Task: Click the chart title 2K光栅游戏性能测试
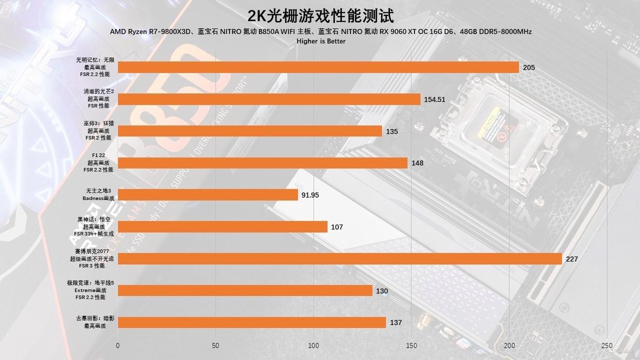click(x=321, y=15)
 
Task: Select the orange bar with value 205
click(x=318, y=67)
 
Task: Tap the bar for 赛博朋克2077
click(x=340, y=259)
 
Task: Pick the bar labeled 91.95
click(x=208, y=195)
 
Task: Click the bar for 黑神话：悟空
click(x=223, y=227)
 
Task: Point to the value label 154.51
click(x=434, y=99)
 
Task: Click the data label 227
click(x=571, y=259)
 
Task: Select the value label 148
click(x=417, y=163)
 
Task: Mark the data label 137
click(x=396, y=323)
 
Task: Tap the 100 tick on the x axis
click(x=314, y=345)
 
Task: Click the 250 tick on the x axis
click(x=607, y=345)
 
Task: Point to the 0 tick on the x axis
click(x=118, y=345)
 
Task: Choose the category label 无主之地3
click(x=98, y=191)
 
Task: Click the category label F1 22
click(x=98, y=155)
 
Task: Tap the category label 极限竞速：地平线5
click(x=90, y=283)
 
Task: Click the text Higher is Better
click(x=321, y=41)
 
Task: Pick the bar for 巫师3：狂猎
click(x=250, y=131)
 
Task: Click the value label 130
click(x=382, y=291)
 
